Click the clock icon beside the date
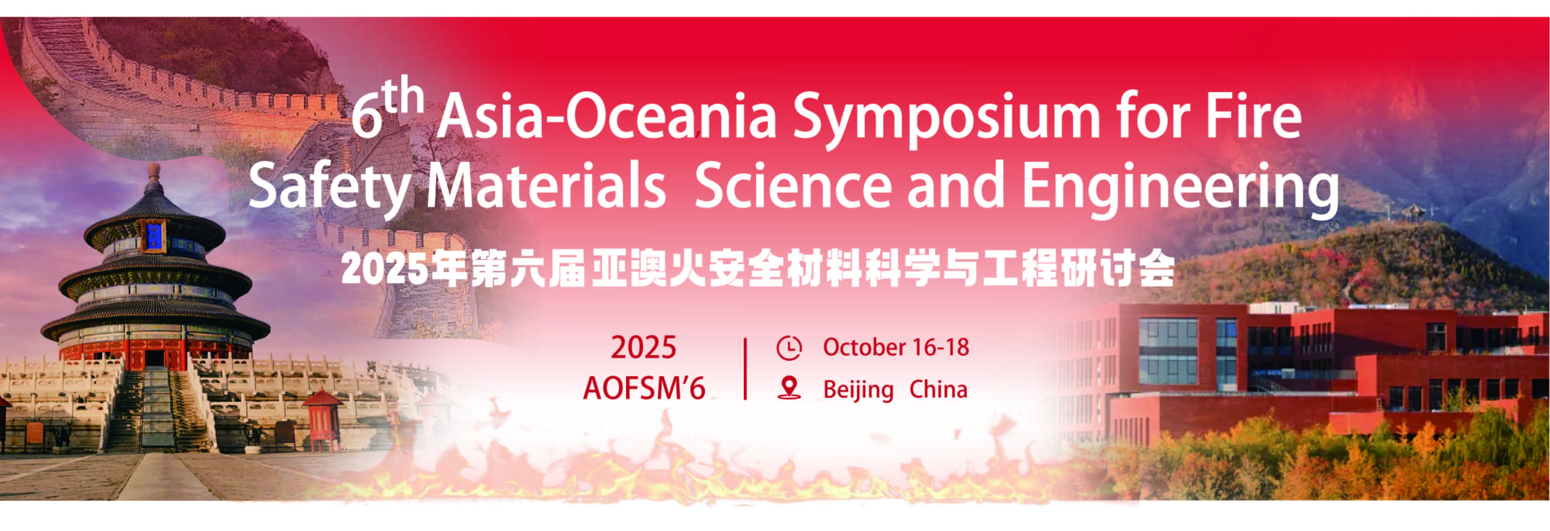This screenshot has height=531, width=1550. (789, 348)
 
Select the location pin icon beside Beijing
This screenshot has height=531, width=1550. (789, 388)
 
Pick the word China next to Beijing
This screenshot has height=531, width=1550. (938, 389)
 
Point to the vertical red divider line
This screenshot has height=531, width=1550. (745, 368)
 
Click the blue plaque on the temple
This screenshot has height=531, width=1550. (153, 235)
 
